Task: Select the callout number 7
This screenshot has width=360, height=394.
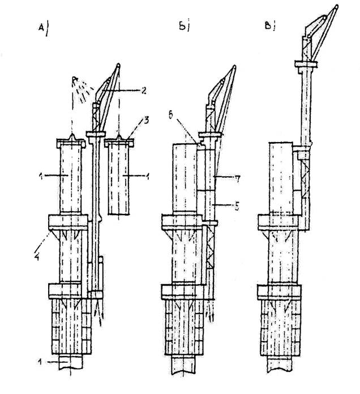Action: [x=237, y=179]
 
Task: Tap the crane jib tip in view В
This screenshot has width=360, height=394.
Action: [x=338, y=8]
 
